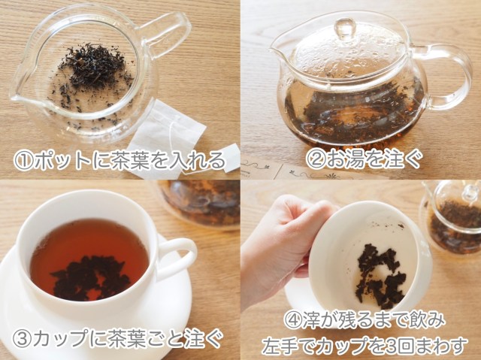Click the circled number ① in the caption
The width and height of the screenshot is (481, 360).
[x=23, y=160]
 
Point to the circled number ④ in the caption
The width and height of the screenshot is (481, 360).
[x=293, y=320]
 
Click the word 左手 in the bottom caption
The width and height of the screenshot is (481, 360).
[x=281, y=346]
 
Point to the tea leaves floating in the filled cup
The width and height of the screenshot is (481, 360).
[x=90, y=277]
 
